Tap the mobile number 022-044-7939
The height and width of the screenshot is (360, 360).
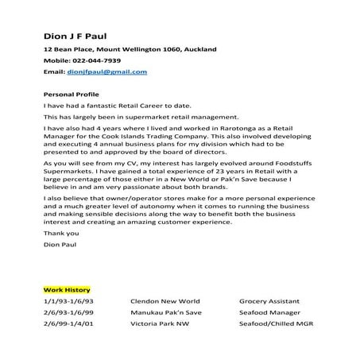99,60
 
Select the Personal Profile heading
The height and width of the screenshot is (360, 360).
69,94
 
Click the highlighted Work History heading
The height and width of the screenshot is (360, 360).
68,290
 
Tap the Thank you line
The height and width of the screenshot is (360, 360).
61,234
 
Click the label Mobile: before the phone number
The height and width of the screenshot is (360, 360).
57,60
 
